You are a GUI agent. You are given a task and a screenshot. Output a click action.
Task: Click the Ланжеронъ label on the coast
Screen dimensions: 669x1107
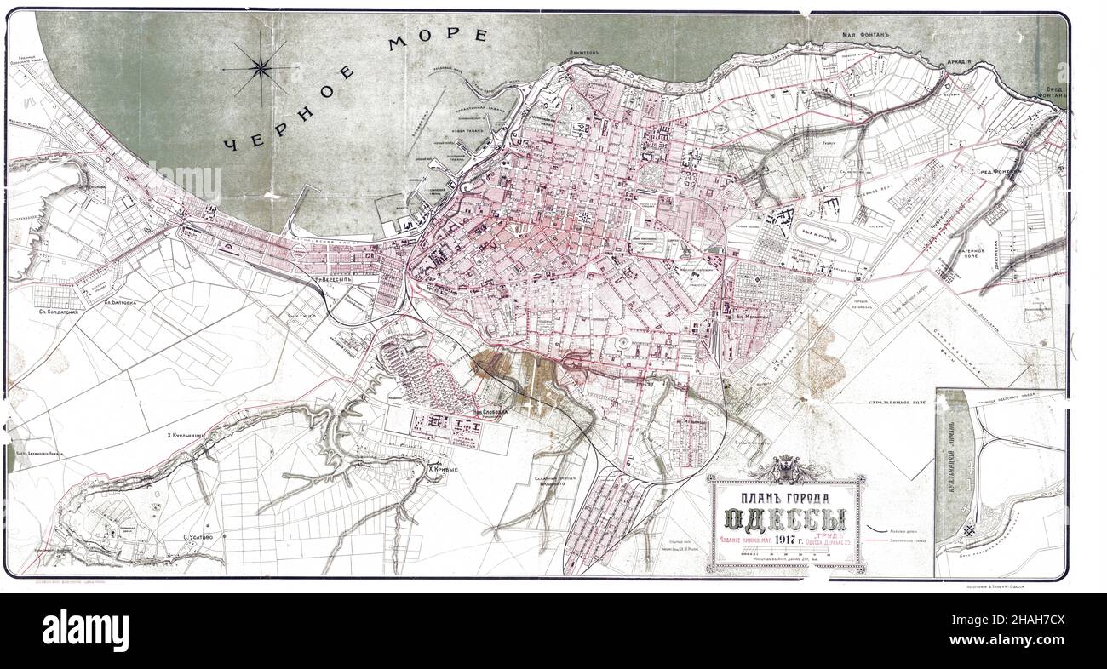[586, 53]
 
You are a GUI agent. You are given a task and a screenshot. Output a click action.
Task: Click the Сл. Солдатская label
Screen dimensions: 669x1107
[60, 312]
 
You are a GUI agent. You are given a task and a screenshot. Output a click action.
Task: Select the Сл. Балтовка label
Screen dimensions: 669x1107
[122, 301]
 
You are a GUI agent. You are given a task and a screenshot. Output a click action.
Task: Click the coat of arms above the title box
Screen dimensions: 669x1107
[788, 467]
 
